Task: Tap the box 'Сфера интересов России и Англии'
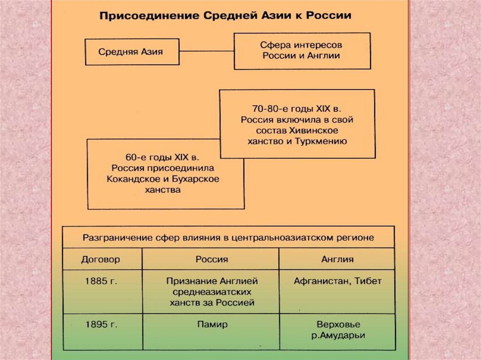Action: (x=301, y=50)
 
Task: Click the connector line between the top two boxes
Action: (x=206, y=51)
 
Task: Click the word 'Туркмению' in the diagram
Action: (x=323, y=141)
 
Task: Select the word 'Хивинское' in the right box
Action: (x=316, y=130)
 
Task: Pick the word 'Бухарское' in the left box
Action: (x=198, y=179)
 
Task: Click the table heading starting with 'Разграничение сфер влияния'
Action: (x=228, y=237)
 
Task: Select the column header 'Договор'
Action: (x=101, y=259)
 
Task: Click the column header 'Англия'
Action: (x=337, y=259)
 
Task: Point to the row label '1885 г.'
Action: (x=101, y=282)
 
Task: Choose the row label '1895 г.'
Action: (x=101, y=324)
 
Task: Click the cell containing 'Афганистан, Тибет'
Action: (x=337, y=282)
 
